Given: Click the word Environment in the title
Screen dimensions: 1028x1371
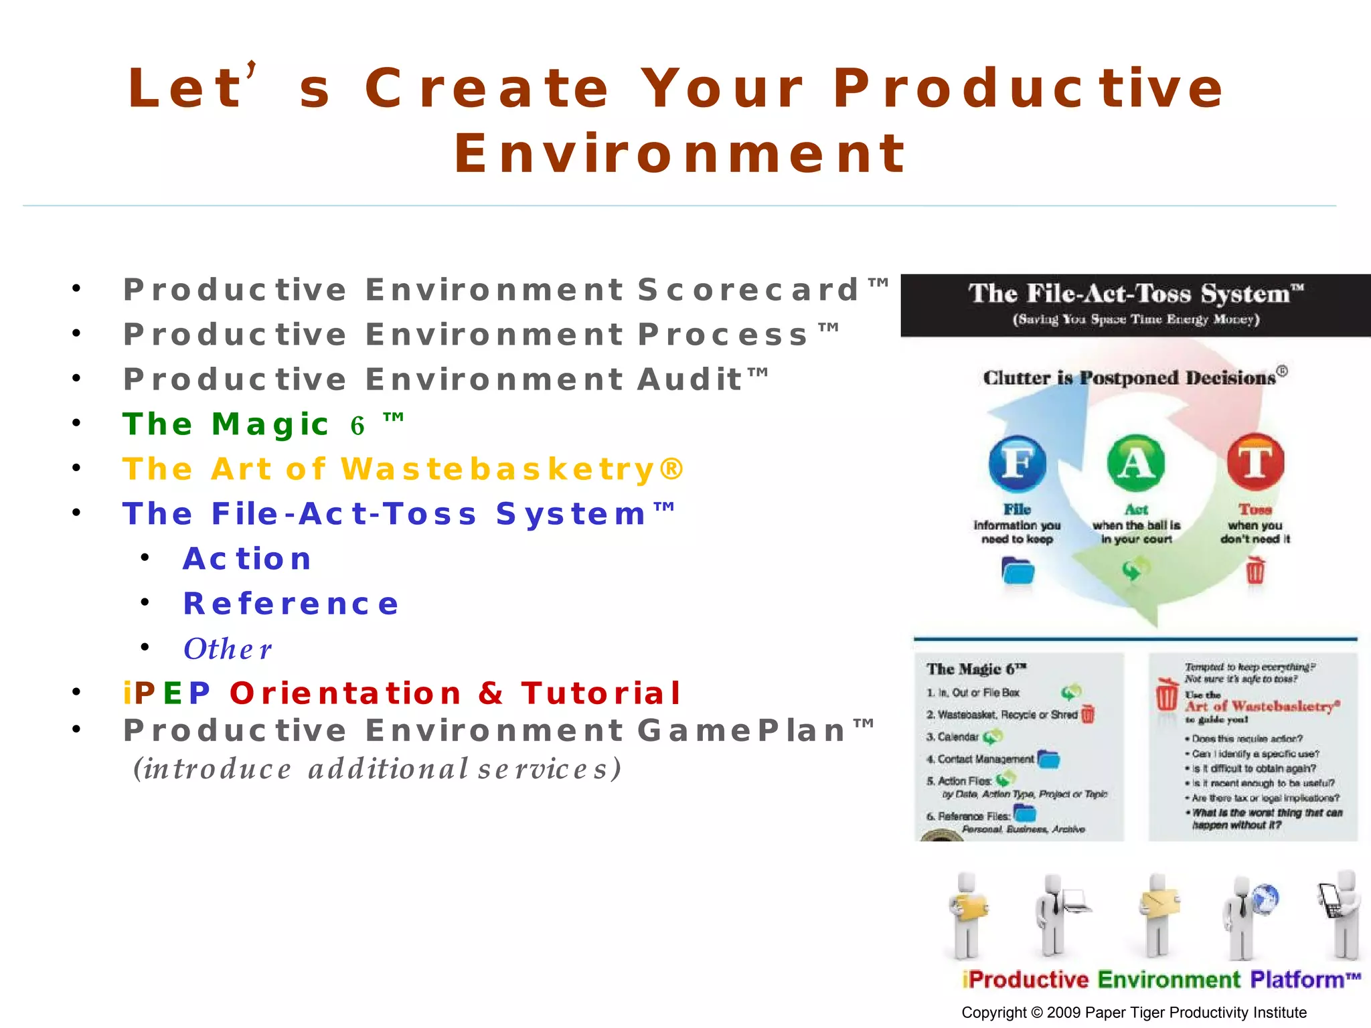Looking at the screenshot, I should click(x=680, y=155).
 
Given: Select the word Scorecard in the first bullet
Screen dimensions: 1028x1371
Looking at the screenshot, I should click(x=748, y=290).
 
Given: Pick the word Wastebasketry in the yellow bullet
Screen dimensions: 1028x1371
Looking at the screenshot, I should click(x=498, y=470).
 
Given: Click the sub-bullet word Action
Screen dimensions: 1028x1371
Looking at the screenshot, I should click(x=247, y=560).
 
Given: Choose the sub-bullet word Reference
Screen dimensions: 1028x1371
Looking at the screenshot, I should click(x=291, y=604).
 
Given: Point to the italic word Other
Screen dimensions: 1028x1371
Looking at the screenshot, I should click(x=228, y=649).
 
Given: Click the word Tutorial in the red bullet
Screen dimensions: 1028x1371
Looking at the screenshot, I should click(x=600, y=693).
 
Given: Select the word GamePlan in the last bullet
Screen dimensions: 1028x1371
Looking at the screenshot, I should click(x=742, y=731).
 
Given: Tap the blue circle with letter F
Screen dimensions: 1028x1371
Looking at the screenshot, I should click(x=1017, y=463).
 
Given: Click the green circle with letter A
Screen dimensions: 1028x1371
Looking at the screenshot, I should click(x=1136, y=463).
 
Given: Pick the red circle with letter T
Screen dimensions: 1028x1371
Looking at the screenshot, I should click(x=1255, y=462).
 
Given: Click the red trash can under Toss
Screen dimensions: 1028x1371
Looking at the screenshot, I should click(x=1255, y=572).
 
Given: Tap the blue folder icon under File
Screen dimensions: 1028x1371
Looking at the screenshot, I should click(x=1018, y=572).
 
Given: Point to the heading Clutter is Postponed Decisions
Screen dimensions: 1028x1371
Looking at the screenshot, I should click(x=1129, y=378).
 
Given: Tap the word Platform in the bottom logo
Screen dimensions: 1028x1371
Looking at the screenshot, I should click(x=1296, y=980).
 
